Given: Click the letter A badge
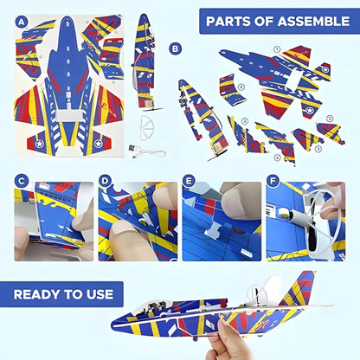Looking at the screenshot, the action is point(22,22).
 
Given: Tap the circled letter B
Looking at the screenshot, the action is point(175,48).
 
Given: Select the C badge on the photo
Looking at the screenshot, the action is point(22,182).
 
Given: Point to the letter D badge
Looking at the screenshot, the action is point(105,182).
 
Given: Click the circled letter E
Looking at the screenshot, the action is point(189,182).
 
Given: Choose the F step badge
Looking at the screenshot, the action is point(273,182).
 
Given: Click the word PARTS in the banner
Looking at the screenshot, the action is point(228,22).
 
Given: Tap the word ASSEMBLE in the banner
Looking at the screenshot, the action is point(313,22).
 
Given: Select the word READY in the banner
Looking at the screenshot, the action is point(37,294).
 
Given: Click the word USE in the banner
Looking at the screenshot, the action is point(99,294).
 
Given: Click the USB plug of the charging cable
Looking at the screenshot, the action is point(132,149).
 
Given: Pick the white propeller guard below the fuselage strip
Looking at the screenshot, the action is point(147,127).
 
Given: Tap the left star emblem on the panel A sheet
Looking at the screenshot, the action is point(39,144).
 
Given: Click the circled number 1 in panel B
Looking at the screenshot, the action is point(277,49).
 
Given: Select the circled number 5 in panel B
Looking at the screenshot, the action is point(330,119).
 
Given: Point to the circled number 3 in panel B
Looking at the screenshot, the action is point(318,149).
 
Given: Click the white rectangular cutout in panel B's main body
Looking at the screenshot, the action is point(295,77).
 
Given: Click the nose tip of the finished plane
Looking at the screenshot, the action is point(112,324).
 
